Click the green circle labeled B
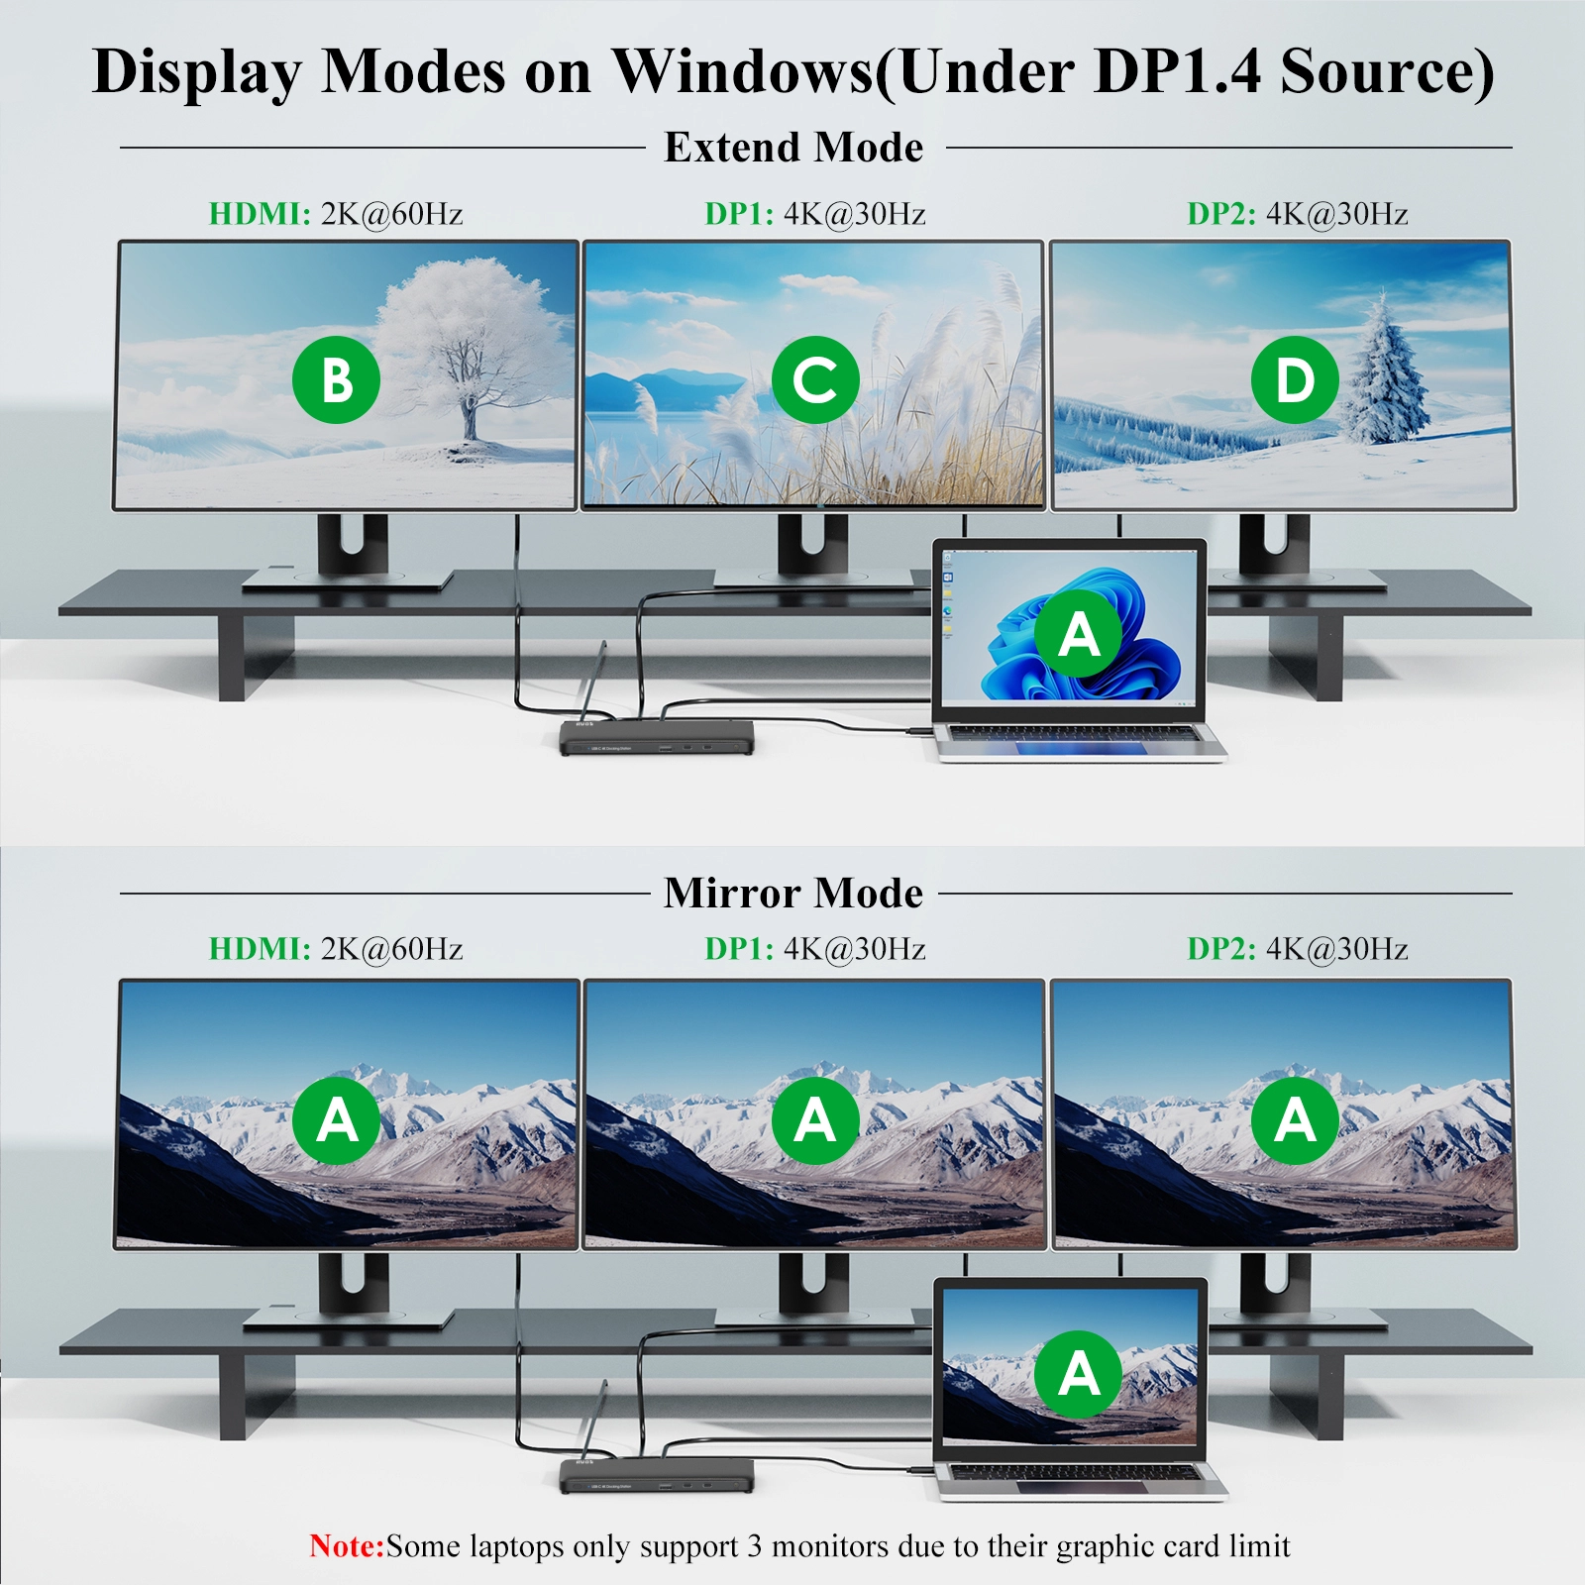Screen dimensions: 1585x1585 click(x=337, y=379)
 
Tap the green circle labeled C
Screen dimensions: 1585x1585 click(x=815, y=379)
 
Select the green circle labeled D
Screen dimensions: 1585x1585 click(x=1295, y=379)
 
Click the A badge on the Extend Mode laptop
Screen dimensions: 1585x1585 click(x=1079, y=633)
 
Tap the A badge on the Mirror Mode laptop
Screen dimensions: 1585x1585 click(x=1079, y=1374)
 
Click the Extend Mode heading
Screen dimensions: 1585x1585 click(x=793, y=148)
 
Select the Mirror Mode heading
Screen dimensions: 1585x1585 click(x=793, y=893)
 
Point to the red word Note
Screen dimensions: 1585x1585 click(x=347, y=1545)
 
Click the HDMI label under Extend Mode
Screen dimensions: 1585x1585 click(x=260, y=214)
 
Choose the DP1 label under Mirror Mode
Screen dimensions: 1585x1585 click(x=739, y=949)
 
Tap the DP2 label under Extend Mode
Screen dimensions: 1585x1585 click(x=1221, y=214)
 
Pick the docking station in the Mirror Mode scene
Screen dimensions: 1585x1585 click(x=656, y=1476)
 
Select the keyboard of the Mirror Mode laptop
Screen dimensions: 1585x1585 click(x=1072, y=1472)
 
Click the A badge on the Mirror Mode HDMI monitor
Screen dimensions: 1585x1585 click(x=337, y=1120)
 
